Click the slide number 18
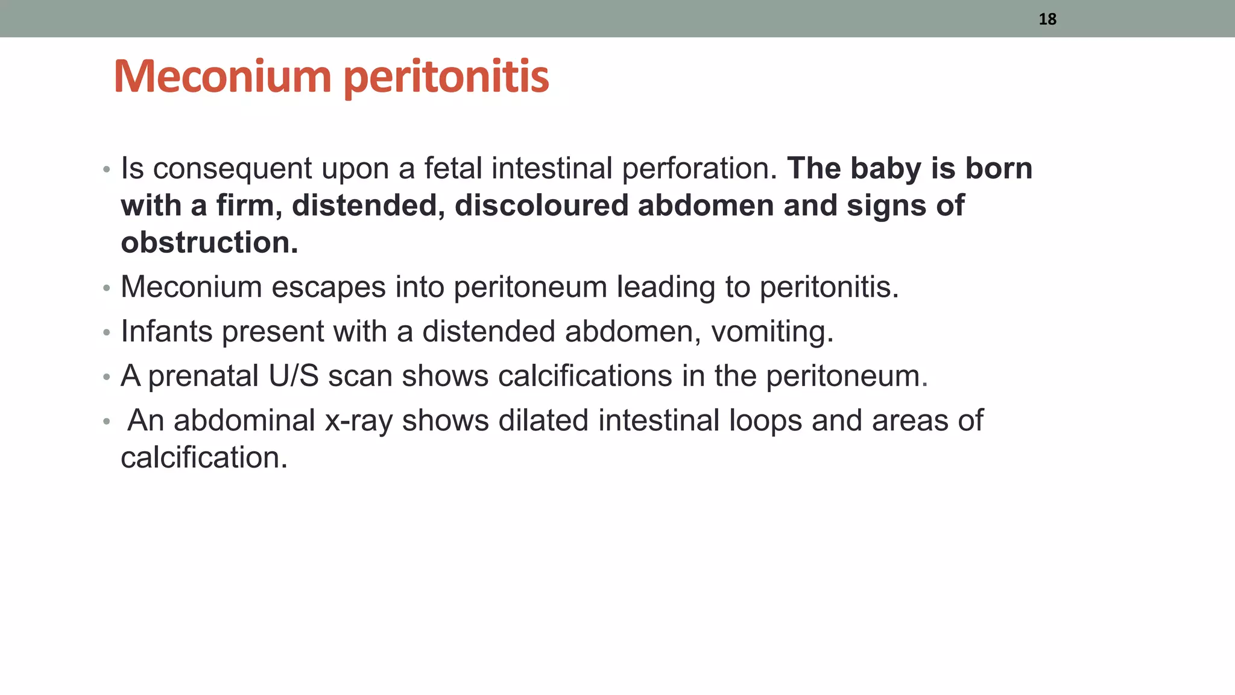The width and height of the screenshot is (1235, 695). tap(1047, 19)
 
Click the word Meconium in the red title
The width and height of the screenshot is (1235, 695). tap(222, 77)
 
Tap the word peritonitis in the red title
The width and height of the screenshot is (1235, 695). tap(446, 78)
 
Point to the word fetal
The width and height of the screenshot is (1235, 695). tap(453, 168)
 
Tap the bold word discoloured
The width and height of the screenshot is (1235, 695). tap(542, 206)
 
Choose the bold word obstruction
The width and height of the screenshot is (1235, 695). tap(209, 243)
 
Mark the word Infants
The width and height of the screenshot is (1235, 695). tap(166, 331)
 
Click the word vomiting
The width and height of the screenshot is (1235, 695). tap(772, 331)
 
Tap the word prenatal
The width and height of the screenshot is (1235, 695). tap(203, 376)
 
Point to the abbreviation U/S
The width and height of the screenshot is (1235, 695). tap(294, 376)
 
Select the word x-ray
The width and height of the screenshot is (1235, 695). tap(359, 420)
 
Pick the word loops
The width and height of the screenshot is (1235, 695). tap(765, 420)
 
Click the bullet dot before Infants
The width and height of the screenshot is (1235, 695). tap(107, 332)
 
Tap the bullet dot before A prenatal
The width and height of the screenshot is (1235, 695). tap(107, 377)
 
